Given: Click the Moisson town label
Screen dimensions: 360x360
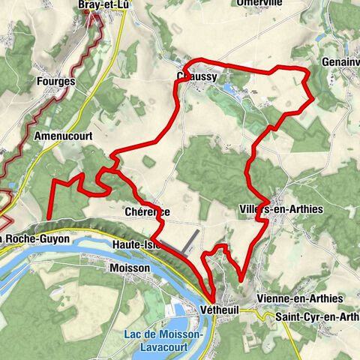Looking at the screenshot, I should tap(129, 267).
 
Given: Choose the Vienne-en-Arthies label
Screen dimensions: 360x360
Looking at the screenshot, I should tap(299, 298).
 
